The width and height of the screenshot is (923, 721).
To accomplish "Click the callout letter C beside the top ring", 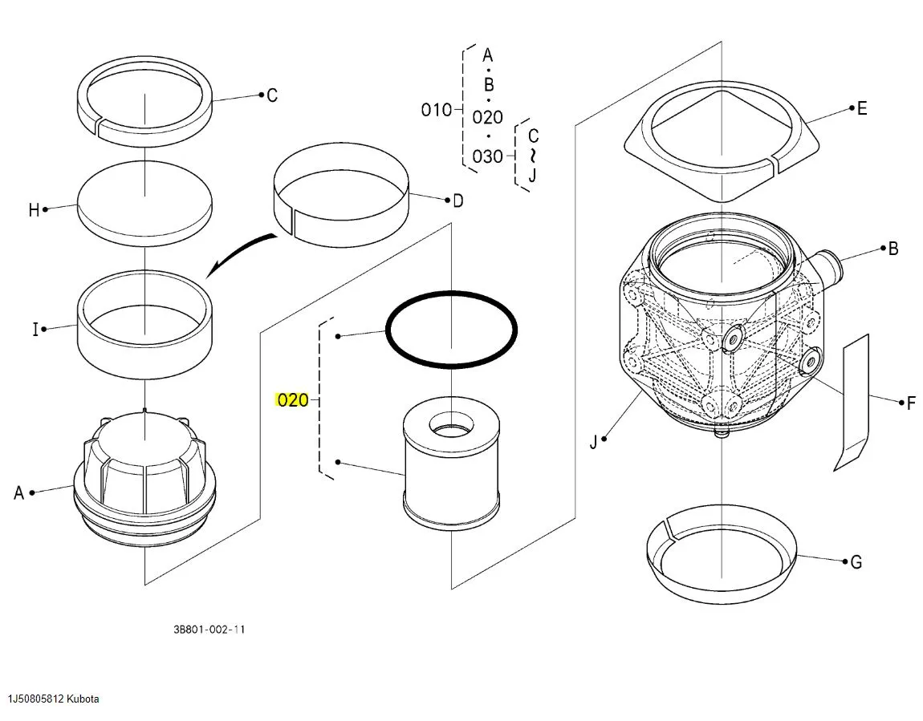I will click(272, 95).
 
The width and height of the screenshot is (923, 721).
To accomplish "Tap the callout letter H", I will click(34, 210).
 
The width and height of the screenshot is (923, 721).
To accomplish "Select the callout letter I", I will click(35, 329).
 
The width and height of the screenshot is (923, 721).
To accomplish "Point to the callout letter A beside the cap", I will click(19, 492).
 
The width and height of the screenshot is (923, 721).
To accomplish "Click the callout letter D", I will click(457, 201).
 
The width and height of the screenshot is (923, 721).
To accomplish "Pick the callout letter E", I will click(862, 108).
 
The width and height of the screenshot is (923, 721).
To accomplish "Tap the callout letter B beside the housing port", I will click(893, 249).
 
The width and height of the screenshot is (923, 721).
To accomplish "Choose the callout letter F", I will click(910, 403).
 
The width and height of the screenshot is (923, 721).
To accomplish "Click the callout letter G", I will click(856, 562).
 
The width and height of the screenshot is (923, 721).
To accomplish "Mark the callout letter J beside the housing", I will click(594, 441).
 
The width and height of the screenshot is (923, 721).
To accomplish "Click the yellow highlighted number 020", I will click(292, 399).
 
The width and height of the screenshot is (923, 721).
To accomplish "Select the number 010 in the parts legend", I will click(437, 110).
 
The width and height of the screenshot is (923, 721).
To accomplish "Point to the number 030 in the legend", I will click(487, 156).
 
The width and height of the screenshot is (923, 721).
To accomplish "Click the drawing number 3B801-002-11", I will click(209, 630).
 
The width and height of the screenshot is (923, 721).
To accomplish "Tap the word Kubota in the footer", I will click(83, 699).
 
